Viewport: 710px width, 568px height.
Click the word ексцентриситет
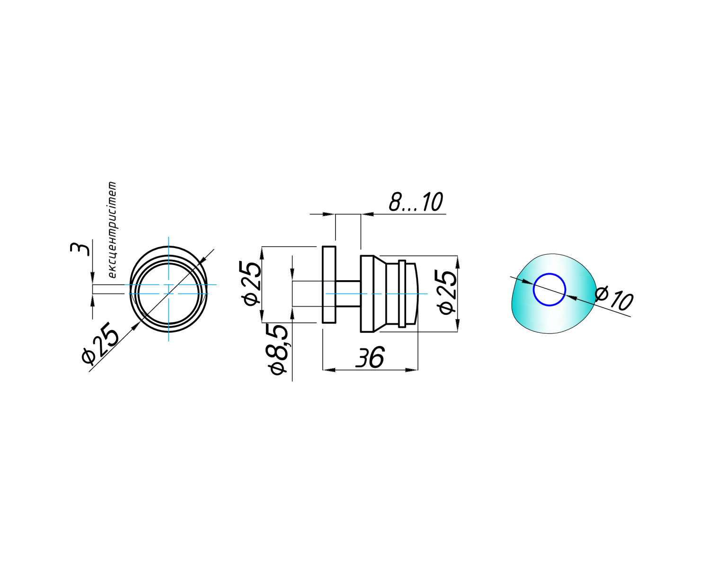click(112, 230)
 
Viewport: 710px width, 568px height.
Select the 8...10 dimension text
click(416, 202)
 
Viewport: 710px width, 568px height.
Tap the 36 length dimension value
click(370, 357)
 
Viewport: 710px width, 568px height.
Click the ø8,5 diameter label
click(278, 350)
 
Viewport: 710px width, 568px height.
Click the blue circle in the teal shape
click(550, 290)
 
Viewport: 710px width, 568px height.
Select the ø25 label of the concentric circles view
click(100, 346)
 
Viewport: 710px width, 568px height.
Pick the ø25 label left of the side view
click(251, 284)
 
